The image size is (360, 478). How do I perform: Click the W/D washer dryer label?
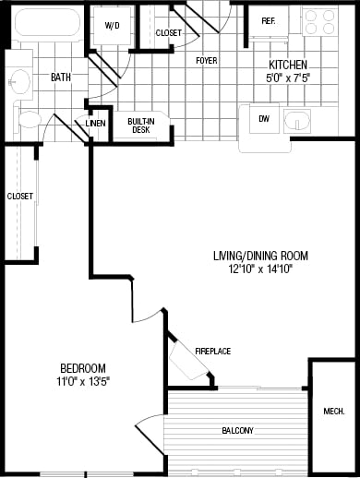tap(113, 26)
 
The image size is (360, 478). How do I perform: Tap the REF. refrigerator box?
tap(269, 21)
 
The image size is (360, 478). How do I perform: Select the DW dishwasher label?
tap(264, 118)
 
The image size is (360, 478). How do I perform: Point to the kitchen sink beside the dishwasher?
tap(298, 121)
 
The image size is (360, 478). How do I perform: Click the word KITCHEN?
tap(287, 65)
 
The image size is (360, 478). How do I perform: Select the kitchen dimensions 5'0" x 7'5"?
tap(287, 78)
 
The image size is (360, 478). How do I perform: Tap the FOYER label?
tap(206, 61)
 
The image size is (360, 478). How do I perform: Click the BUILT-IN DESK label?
tap(140, 126)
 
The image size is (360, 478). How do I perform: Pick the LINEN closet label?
tap(96, 123)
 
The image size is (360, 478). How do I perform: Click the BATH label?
tap(61, 78)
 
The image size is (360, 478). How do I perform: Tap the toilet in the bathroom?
tap(30, 118)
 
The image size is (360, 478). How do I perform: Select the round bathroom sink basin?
tap(18, 81)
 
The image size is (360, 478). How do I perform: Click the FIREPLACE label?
tap(212, 352)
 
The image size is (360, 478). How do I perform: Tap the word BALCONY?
tap(237, 430)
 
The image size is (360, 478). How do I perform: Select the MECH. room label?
tap(334, 411)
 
